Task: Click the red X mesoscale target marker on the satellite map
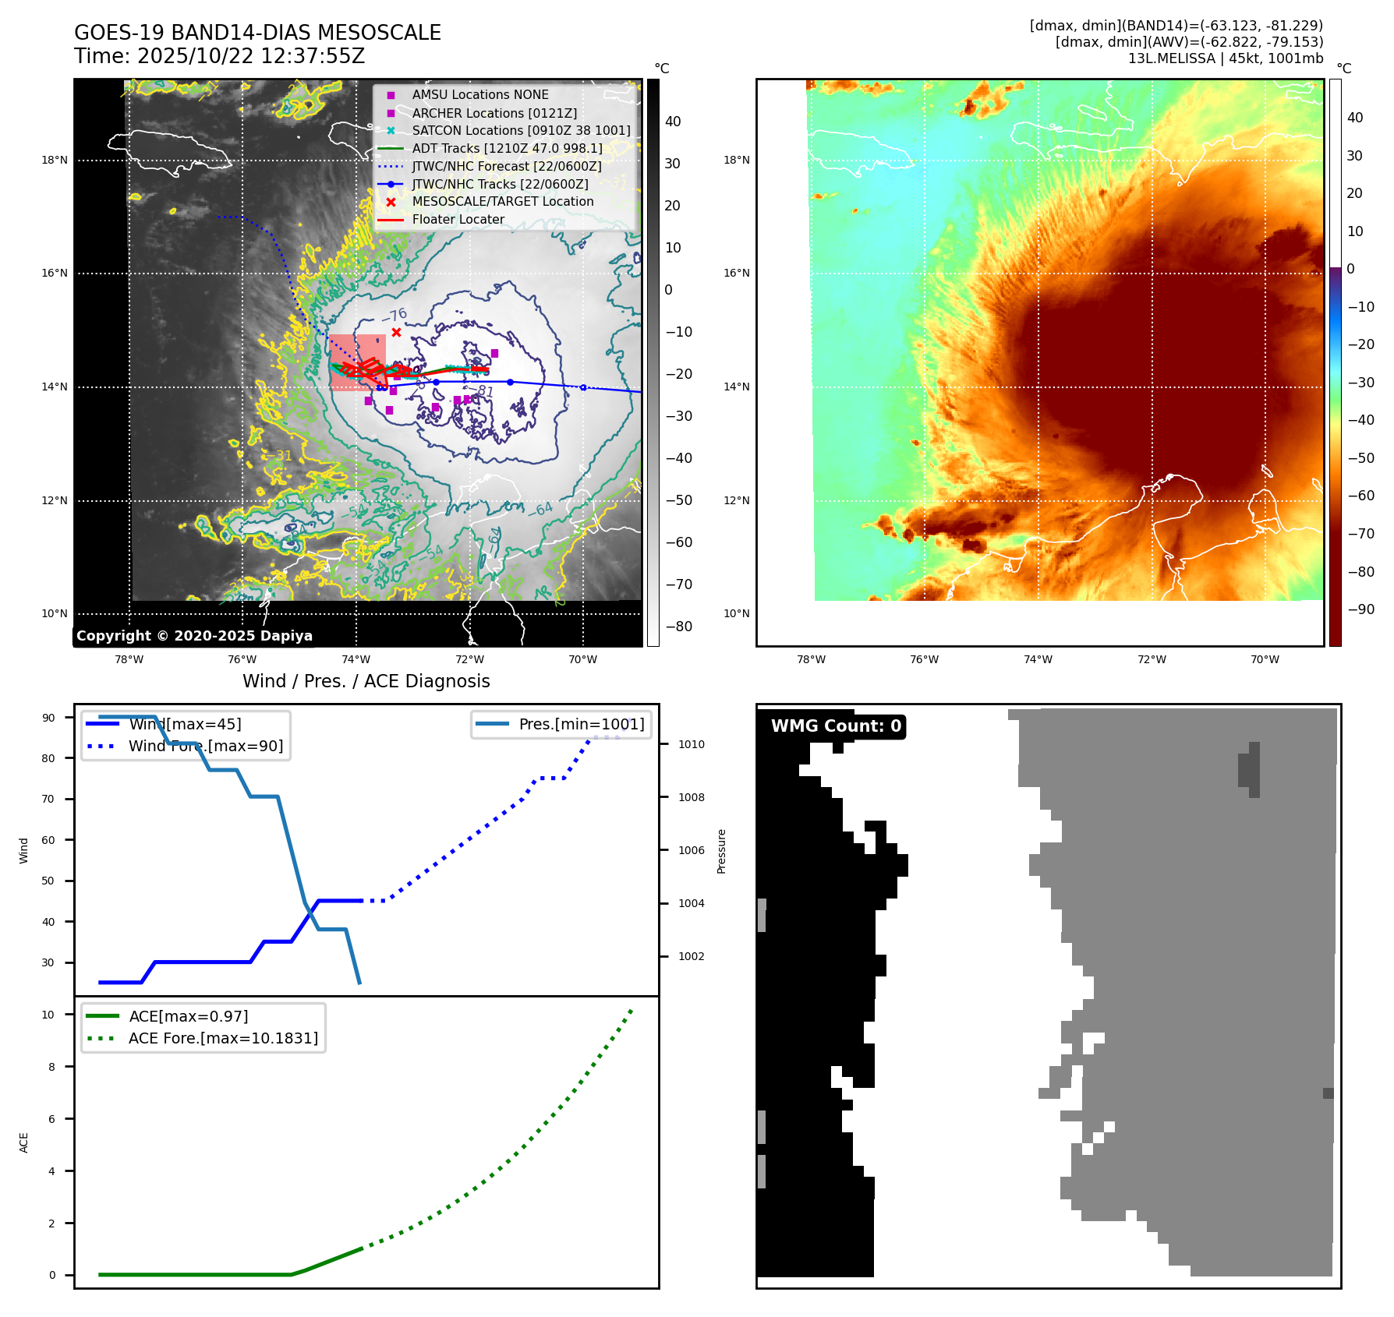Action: [396, 333]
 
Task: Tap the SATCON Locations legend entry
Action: [521, 130]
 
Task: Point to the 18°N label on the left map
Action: [55, 161]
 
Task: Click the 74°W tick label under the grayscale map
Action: [356, 659]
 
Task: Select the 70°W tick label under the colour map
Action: [1265, 659]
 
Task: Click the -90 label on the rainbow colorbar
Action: [1361, 609]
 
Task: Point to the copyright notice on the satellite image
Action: [194, 636]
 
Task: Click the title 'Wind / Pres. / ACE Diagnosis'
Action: [366, 681]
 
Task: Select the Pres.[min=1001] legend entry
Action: [582, 724]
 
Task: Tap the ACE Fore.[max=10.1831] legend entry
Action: [223, 1038]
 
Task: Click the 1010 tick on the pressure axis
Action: [691, 744]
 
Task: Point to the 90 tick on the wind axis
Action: [48, 718]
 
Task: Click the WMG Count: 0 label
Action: [836, 726]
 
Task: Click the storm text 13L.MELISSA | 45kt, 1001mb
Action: [1226, 58]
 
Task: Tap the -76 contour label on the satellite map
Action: [394, 316]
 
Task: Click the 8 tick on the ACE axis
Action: [52, 1067]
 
